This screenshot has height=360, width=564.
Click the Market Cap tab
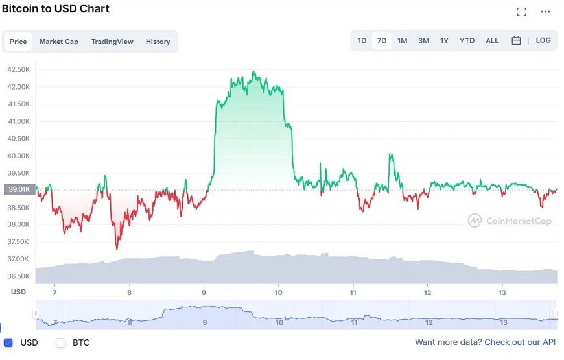coord(59,42)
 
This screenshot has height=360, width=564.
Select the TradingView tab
coord(112,42)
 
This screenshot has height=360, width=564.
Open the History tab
coord(158,42)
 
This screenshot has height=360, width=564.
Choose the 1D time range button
coord(362,41)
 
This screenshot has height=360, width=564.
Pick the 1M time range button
coord(402,41)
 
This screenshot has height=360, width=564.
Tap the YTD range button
coord(467,41)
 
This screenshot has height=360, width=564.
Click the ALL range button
coord(492,41)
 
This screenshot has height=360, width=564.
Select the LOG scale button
coord(543,40)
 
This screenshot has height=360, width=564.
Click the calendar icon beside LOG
coord(516,41)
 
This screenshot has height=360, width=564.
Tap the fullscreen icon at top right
coord(521,12)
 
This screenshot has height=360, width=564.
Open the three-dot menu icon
coord(545,12)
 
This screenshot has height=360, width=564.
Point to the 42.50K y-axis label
coord(18,69)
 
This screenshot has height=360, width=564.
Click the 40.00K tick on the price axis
coord(18,156)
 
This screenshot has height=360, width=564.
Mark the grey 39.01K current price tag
coord(18,189)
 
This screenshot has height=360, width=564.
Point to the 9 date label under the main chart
coord(204,293)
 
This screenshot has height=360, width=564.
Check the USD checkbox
coord(8,342)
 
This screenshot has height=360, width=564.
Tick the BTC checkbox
coord(61,342)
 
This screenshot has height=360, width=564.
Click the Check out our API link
coord(520,342)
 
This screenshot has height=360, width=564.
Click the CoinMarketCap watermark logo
coord(510,221)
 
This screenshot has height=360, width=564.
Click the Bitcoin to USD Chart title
coord(56,9)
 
